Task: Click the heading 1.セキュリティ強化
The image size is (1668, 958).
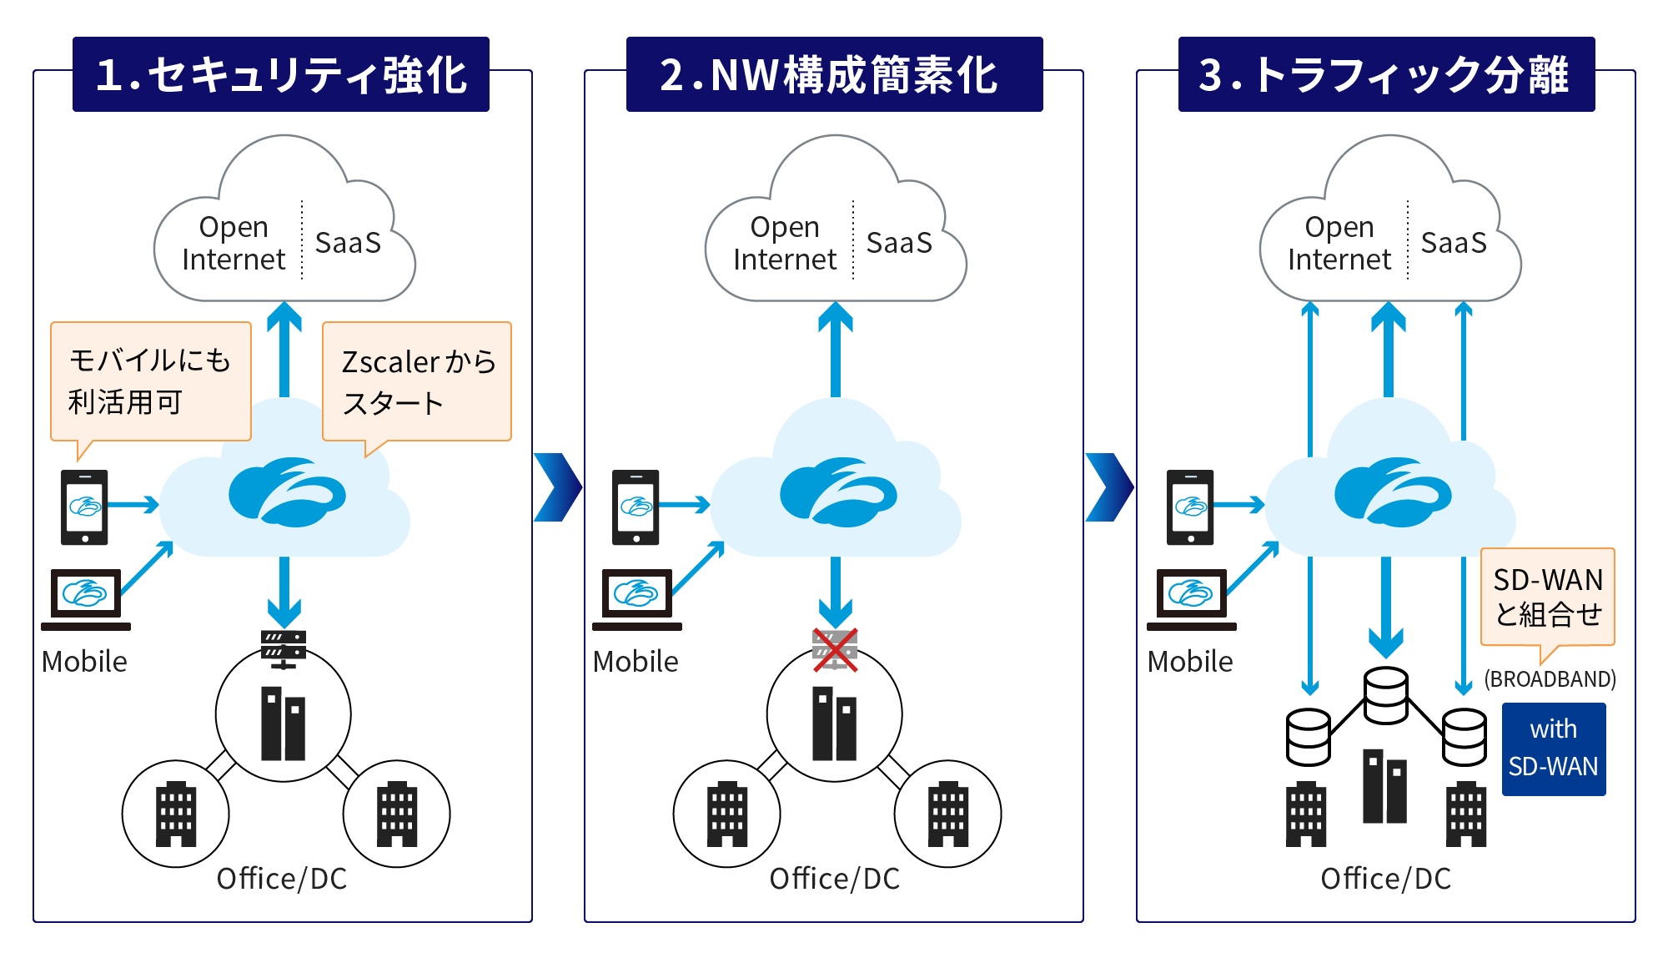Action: click(x=281, y=74)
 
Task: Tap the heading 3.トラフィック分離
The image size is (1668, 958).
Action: click(x=1386, y=74)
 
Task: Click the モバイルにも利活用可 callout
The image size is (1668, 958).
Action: click(x=150, y=381)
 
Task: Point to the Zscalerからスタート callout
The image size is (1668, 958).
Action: click(x=417, y=381)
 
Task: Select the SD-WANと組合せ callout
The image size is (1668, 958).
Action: click(x=1548, y=597)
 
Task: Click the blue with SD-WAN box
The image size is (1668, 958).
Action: click(x=1554, y=749)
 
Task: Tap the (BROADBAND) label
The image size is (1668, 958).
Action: click(x=1550, y=679)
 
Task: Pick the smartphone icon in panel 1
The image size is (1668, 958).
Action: click(x=84, y=507)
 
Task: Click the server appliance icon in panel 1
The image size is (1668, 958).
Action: click(x=284, y=648)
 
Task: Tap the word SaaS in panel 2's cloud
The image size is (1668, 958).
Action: click(x=899, y=243)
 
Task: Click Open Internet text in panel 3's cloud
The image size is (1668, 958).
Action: click(x=1339, y=243)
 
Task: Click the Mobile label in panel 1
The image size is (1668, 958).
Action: click(x=84, y=662)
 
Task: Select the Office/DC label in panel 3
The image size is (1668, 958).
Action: click(x=1386, y=879)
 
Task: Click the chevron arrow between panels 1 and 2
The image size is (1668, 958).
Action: click(x=557, y=487)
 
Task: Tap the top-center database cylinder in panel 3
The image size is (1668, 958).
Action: click(x=1386, y=695)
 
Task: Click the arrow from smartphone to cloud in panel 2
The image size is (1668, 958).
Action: click(x=685, y=505)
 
